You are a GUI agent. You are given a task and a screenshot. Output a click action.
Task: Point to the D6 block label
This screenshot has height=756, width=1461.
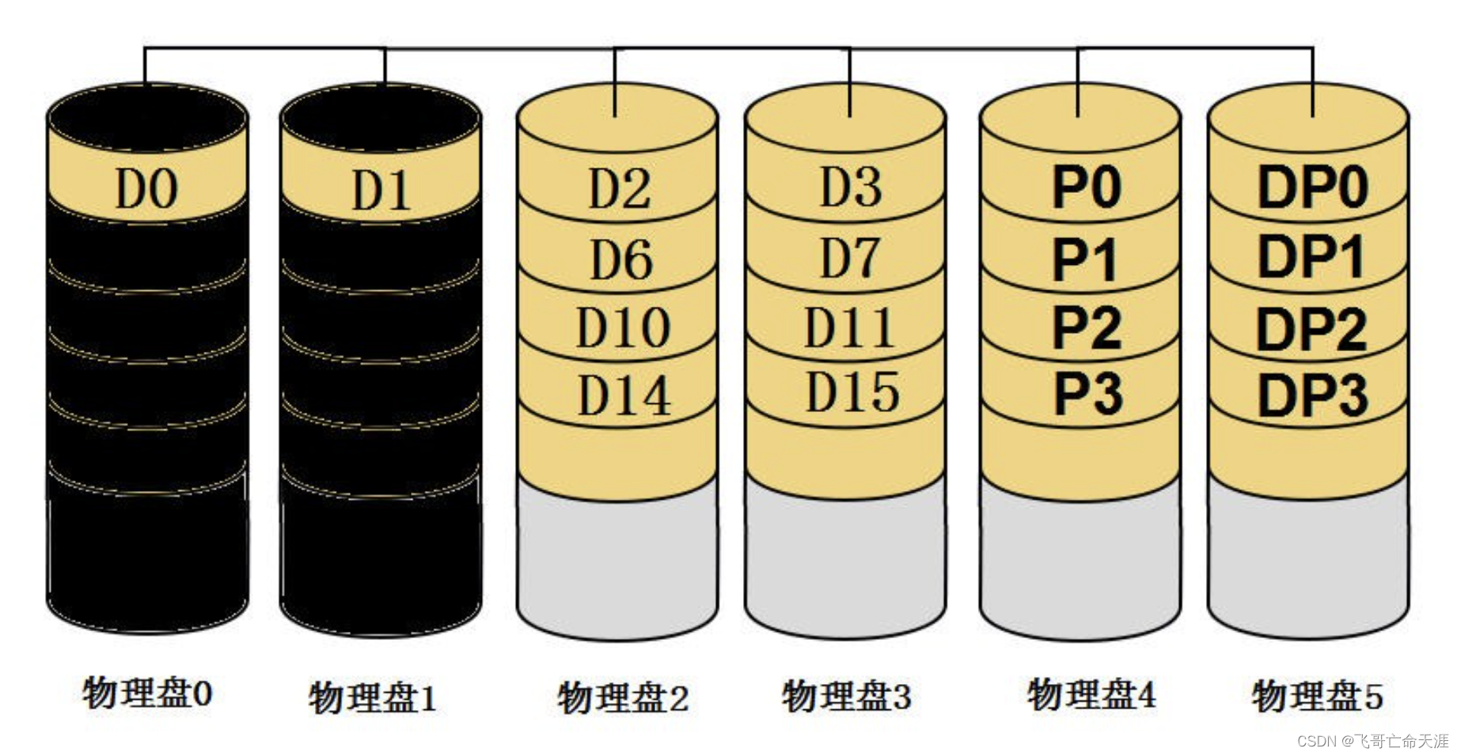point(620,259)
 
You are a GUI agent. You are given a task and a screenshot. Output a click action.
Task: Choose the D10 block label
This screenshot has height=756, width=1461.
point(623,327)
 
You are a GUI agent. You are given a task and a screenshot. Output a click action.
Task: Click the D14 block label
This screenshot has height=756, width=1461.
point(624,395)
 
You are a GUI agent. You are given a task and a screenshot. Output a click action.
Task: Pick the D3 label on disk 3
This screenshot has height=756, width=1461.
point(850,187)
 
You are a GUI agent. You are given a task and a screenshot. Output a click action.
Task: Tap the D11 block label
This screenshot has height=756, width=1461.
point(849,327)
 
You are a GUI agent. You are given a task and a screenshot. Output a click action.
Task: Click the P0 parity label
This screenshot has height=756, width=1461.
point(1086,187)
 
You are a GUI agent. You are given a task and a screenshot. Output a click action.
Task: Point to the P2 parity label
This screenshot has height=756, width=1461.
point(1086,327)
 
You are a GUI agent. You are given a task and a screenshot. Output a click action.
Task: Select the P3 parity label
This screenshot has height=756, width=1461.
point(1087,393)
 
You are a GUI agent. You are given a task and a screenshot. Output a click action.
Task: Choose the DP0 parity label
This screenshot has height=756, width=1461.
point(1313,187)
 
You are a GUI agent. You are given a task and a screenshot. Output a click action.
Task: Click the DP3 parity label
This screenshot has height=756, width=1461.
point(1313,395)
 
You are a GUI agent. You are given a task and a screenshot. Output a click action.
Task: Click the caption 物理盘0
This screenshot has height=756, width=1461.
point(147,694)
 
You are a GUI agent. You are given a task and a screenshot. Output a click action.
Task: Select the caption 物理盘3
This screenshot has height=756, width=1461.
point(846,696)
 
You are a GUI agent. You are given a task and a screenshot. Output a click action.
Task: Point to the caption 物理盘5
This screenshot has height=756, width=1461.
point(1317,696)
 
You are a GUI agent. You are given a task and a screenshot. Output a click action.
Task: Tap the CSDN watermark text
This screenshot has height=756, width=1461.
point(1372,741)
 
